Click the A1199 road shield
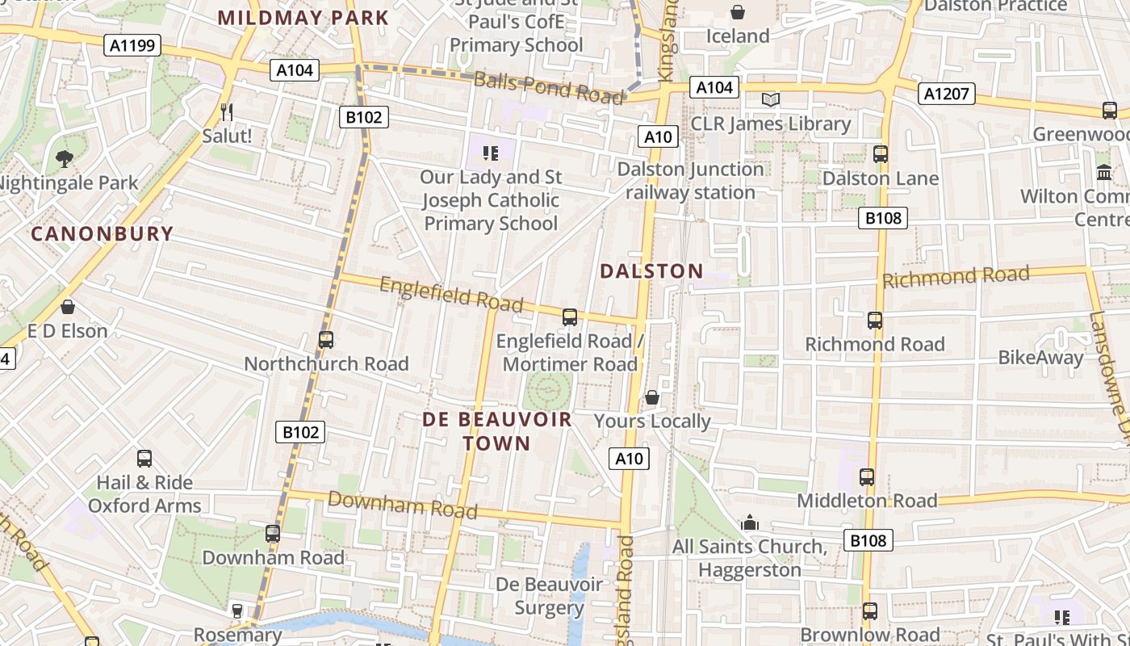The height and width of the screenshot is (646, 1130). tap(132, 45)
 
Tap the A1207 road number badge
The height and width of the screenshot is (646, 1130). tap(947, 94)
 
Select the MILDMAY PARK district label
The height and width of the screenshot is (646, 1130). tap(303, 18)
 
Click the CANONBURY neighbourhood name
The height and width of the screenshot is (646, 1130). tap(103, 234)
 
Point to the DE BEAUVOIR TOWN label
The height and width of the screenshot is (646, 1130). tap(497, 431)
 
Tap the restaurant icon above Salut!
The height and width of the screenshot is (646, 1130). tap(227, 111)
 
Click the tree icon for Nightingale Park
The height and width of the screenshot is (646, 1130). tap(64, 159)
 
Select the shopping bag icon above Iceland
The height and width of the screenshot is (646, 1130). tap(737, 12)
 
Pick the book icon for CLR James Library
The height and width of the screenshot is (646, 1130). tap(771, 99)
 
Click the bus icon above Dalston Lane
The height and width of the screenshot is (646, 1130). tap(880, 153)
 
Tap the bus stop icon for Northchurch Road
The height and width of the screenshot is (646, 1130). tap(326, 339)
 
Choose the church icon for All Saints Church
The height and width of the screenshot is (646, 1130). tap(750, 522)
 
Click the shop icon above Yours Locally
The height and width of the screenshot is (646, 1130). tap(652, 397)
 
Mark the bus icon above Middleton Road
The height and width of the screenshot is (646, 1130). tap(867, 476)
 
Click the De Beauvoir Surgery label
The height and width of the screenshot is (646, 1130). tap(549, 596)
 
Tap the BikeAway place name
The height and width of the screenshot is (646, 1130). tap(1040, 358)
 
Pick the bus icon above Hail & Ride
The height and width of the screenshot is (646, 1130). tap(144, 459)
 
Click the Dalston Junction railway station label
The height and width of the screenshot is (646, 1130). tap(690, 181)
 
